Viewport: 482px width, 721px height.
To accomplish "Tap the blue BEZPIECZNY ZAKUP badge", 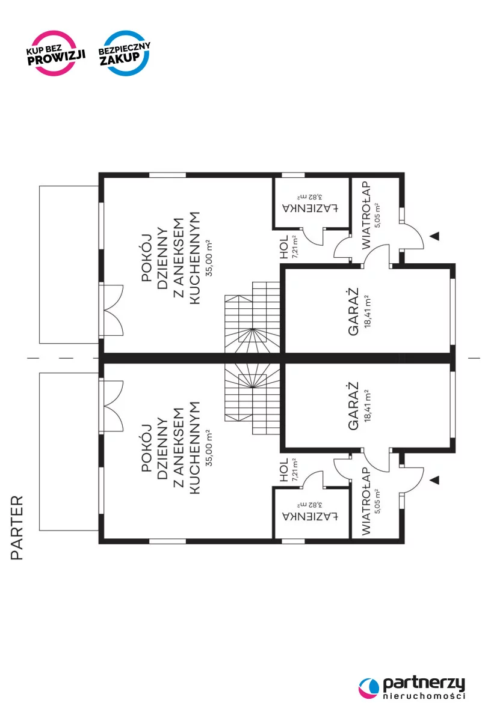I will pos(126,53).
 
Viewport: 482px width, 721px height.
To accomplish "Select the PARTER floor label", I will pos(17,528).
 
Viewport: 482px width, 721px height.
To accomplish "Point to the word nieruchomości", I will pos(424,696).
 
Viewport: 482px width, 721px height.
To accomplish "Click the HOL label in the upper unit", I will pos(284,247).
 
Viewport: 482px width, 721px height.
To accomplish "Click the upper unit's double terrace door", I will pos(113,311).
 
